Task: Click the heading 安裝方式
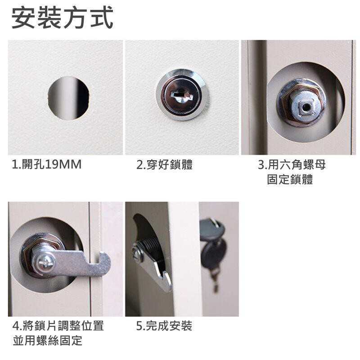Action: click(62, 18)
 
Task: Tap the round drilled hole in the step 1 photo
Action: click(69, 98)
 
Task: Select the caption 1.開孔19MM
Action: click(47, 164)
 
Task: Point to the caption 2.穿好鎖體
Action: click(164, 164)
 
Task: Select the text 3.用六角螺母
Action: click(292, 164)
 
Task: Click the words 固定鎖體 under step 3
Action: click(290, 179)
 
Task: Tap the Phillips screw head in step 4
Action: click(46, 261)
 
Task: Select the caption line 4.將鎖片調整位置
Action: click(58, 325)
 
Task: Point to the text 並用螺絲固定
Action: click(48, 341)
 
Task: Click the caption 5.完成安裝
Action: click(164, 325)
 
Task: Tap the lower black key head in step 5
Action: click(213, 254)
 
